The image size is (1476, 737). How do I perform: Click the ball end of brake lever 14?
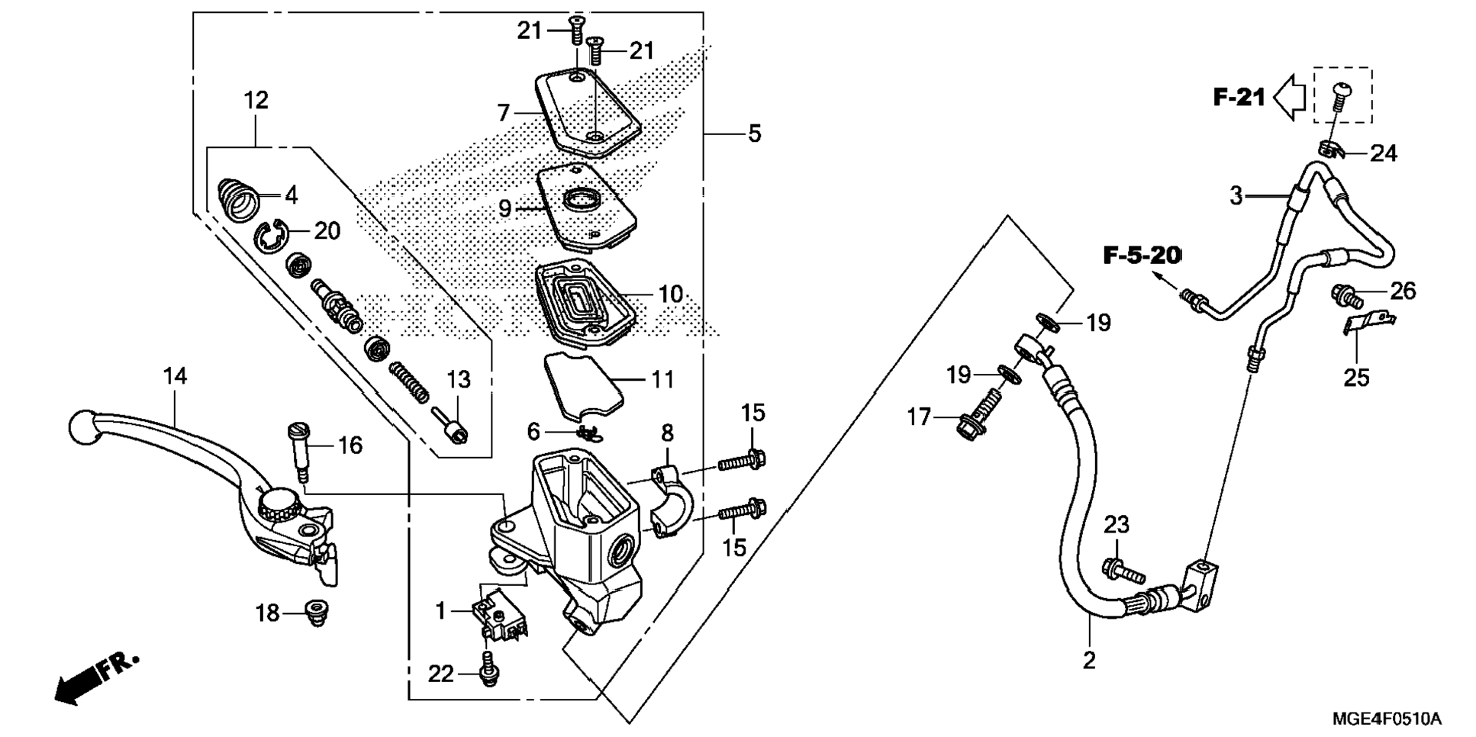(x=81, y=424)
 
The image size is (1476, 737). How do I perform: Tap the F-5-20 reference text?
(x=1142, y=256)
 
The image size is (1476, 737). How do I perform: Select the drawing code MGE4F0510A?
(x=1387, y=719)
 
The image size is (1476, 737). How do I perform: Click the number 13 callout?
(x=458, y=379)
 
